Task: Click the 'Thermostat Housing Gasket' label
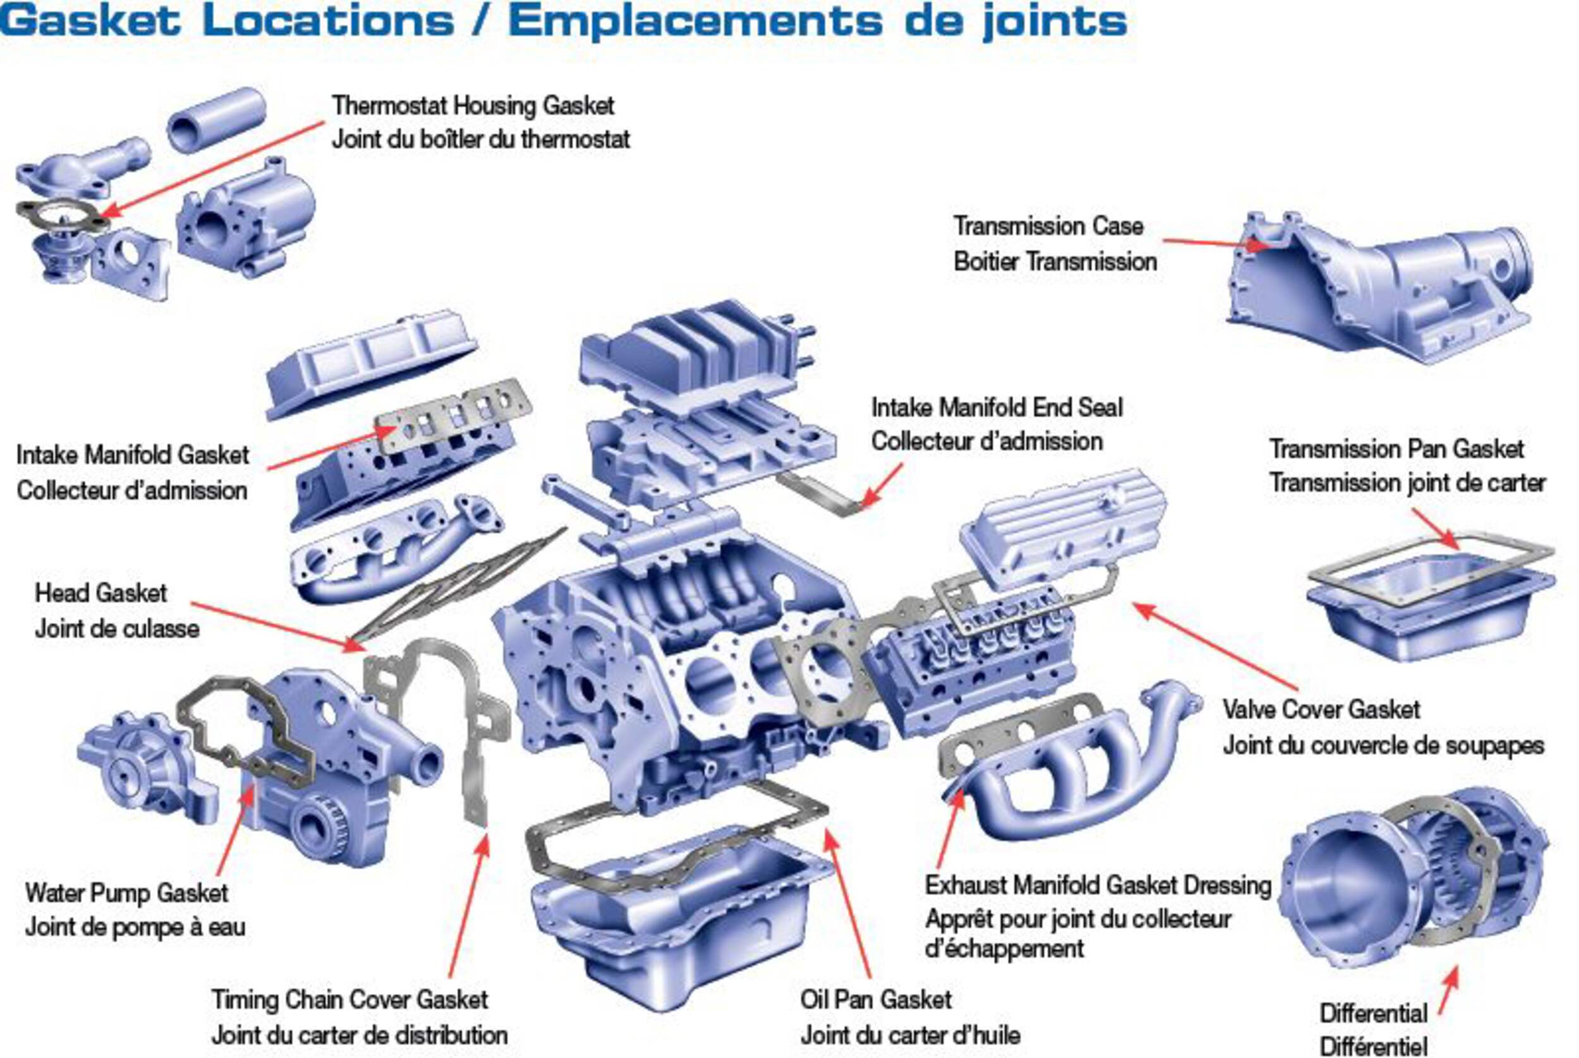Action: (x=472, y=106)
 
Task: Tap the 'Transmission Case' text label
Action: (x=1047, y=226)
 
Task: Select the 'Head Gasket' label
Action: (x=100, y=593)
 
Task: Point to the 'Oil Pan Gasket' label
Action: (x=875, y=999)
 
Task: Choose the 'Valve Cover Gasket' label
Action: (x=1321, y=709)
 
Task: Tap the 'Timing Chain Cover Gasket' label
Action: (x=349, y=999)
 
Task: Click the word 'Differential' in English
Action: (x=1373, y=1013)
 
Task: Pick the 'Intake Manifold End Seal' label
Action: (x=997, y=407)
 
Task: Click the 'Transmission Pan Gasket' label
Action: (x=1396, y=448)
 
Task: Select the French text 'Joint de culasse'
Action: (x=117, y=629)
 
